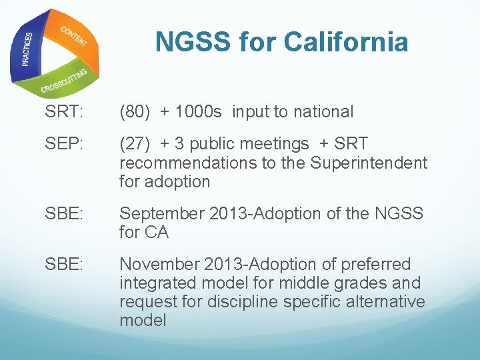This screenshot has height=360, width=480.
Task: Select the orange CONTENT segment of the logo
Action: point(74,36)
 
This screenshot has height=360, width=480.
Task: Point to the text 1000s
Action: point(198,112)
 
